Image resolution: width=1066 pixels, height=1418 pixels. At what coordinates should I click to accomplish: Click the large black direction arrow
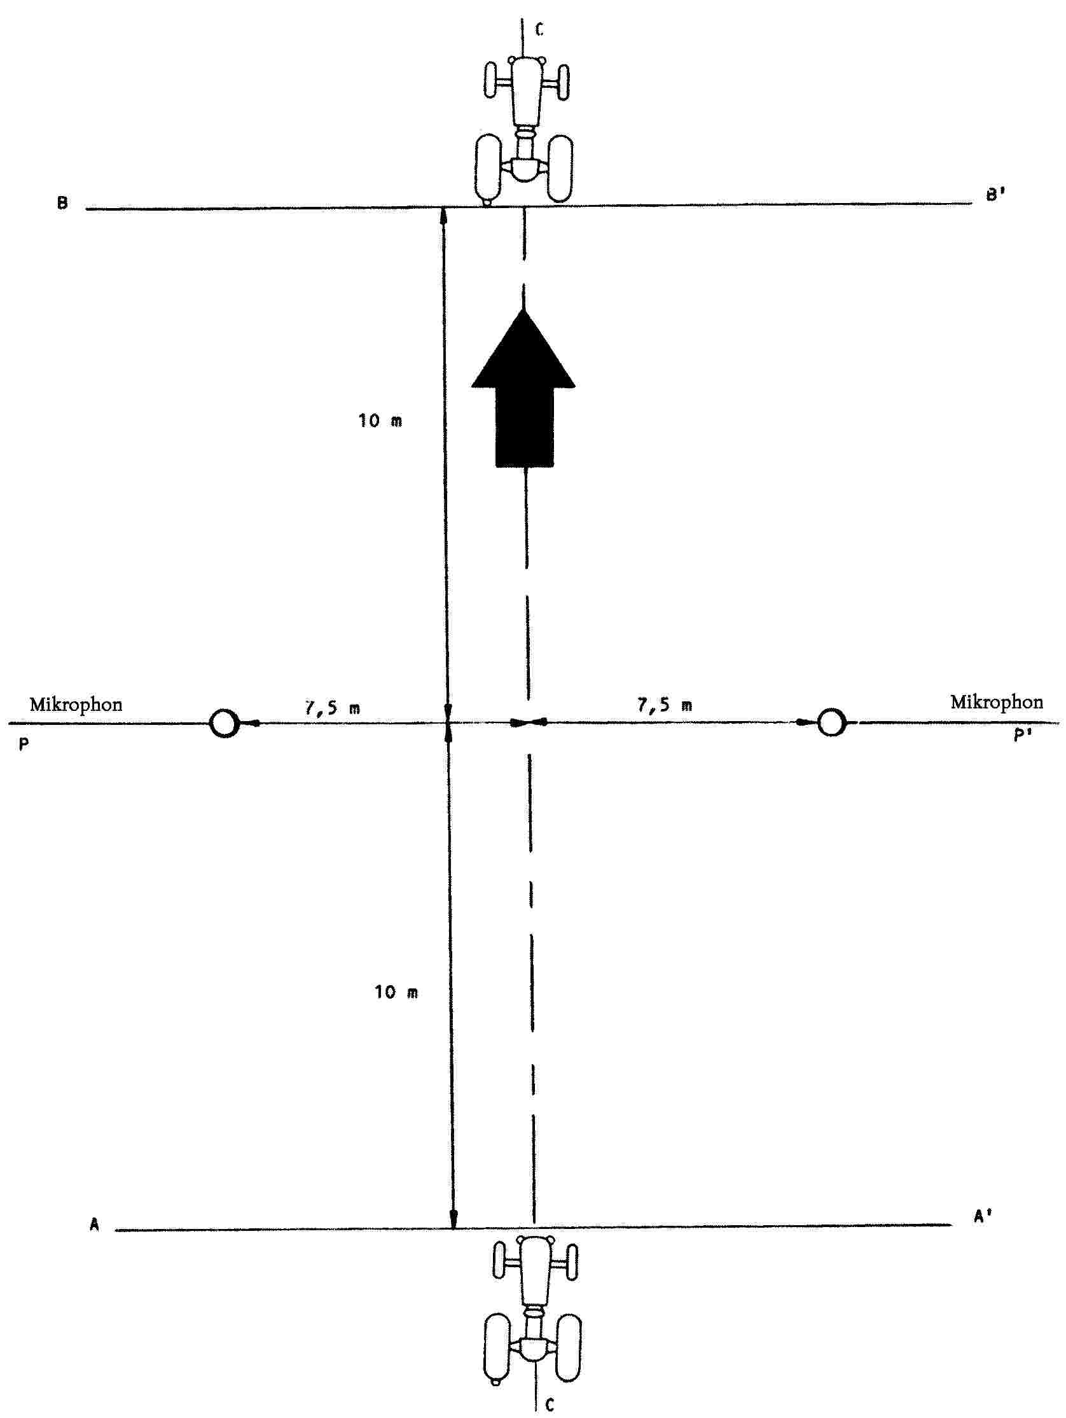pos(523,388)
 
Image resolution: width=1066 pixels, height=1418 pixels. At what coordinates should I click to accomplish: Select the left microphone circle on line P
pos(225,724)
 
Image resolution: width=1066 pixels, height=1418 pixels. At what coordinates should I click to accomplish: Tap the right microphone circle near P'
pos(831,722)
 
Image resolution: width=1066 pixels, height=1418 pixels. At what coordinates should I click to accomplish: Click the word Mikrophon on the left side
pos(76,705)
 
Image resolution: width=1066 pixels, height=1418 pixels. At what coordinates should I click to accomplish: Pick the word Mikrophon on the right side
pos(996,702)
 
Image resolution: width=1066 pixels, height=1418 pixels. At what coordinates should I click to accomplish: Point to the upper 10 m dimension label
pos(380,421)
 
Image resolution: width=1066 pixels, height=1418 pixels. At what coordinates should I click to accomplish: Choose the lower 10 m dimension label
pos(396,992)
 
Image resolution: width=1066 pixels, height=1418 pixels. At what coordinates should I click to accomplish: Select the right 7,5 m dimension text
pos(664,705)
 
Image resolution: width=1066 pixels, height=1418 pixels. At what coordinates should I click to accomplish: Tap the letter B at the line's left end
pos(62,204)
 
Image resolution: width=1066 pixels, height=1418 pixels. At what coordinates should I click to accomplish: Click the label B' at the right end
pos(994,195)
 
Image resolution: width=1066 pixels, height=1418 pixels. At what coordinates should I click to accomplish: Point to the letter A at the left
pos(94,1225)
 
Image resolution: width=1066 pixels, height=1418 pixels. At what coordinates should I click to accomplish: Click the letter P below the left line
pos(24,745)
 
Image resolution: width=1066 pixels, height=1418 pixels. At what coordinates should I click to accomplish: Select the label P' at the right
pos(1022,734)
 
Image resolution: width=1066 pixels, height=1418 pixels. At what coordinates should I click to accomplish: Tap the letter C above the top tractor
pos(539,29)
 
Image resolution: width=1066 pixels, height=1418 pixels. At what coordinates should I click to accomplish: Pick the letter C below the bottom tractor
pos(550,1405)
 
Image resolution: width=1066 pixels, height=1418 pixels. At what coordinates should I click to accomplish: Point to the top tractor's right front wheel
pos(562,82)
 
